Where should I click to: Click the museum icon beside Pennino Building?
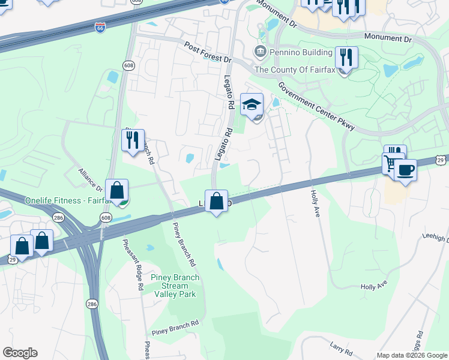click(x=261, y=52)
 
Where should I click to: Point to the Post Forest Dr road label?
click(x=208, y=53)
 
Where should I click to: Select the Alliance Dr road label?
click(x=91, y=179)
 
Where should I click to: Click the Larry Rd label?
click(x=340, y=346)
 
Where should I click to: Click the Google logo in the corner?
click(x=20, y=353)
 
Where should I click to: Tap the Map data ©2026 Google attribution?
click(x=411, y=355)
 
